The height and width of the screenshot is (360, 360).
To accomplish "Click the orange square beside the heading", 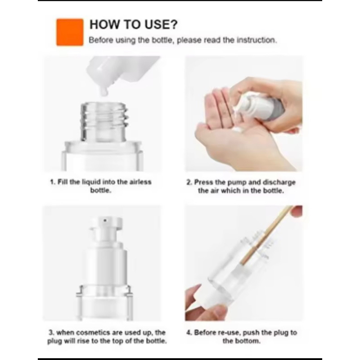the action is coord(70,32).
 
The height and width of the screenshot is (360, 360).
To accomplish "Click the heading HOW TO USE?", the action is coord(133,25).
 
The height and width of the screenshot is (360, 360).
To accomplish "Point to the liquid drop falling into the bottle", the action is coord(104,92).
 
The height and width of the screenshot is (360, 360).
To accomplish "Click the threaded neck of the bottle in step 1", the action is coord(103,121).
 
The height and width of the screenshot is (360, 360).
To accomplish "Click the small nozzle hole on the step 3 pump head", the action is coord(105,220).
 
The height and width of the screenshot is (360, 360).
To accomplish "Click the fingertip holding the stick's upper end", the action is coord(297,210).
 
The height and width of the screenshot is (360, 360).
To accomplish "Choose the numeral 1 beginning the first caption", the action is coord(52,182).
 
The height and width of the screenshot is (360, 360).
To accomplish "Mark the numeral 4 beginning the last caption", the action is coord(189,333).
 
